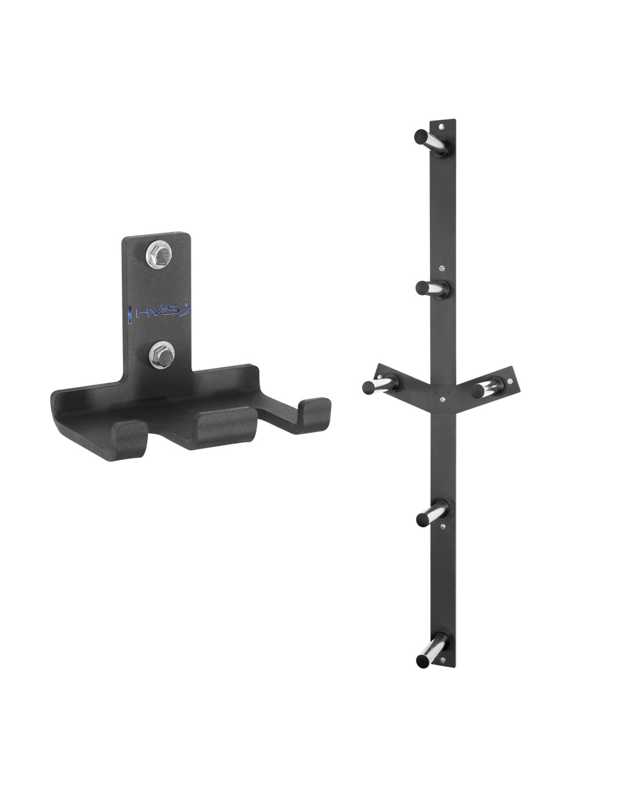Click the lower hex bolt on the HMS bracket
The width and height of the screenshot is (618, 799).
click(161, 354)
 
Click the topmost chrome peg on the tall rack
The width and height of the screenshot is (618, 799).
click(431, 142)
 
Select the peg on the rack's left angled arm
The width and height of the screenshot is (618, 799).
click(381, 384)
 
